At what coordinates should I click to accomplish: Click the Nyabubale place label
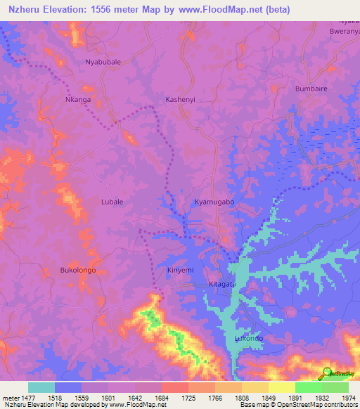tap(103, 62)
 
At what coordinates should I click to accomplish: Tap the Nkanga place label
tap(78, 100)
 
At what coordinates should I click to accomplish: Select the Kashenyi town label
tap(181, 100)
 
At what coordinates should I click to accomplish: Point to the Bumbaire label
tap(311, 89)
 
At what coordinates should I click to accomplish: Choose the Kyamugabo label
tap(214, 202)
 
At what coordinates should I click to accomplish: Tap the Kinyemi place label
tap(180, 270)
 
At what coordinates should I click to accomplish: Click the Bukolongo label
tap(78, 270)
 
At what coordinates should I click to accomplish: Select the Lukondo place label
tap(248, 338)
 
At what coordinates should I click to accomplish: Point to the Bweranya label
tap(345, 31)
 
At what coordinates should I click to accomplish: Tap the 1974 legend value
tap(347, 397)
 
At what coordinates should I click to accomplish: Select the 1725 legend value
tap(188, 397)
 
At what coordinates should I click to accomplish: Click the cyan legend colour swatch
tap(41, 387)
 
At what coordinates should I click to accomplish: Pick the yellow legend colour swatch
tap(281, 387)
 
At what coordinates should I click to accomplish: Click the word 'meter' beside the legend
tap(10, 397)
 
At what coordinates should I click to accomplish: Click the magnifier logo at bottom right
tap(326, 372)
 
